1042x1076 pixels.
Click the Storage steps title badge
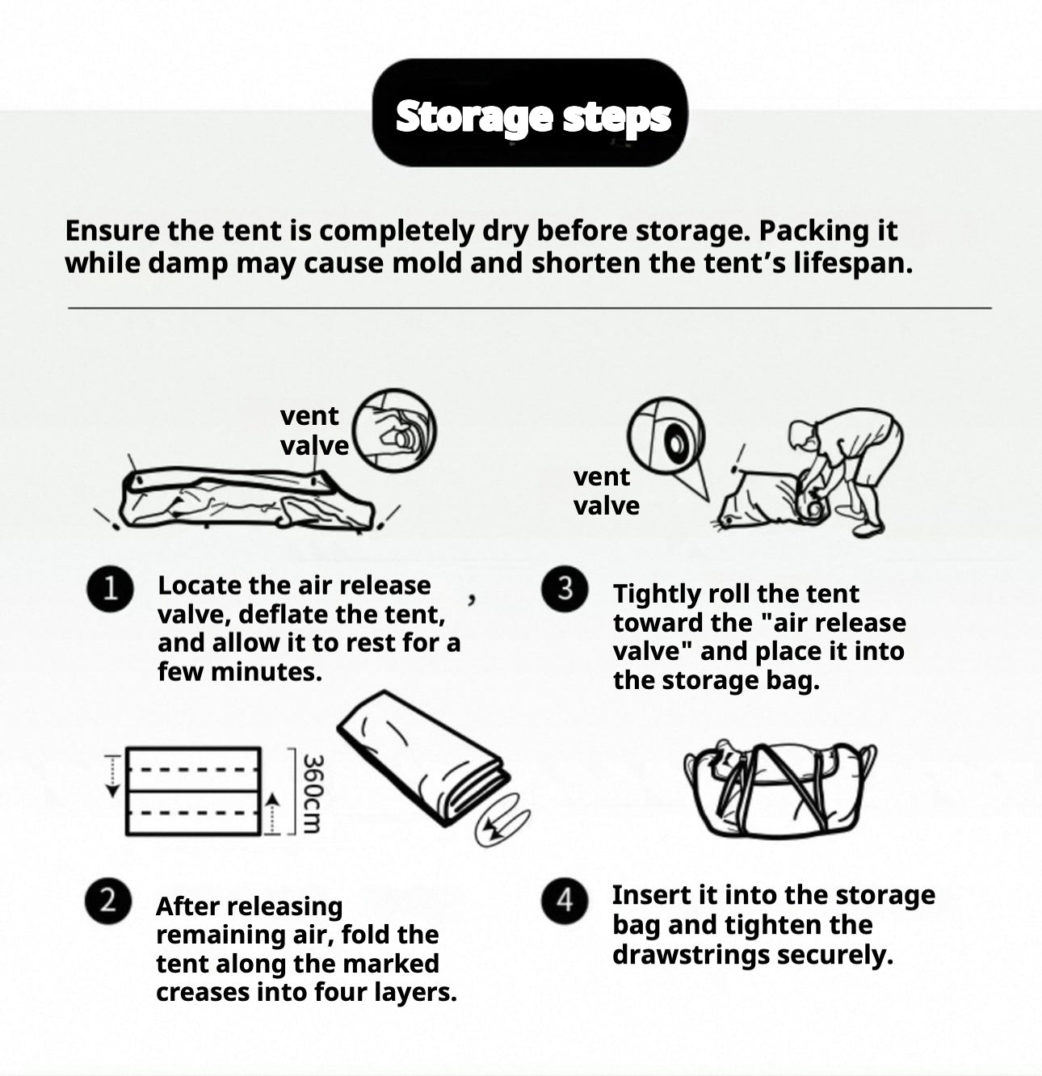coord(530,113)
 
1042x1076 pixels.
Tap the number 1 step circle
coord(110,589)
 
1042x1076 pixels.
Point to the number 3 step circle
coord(565,589)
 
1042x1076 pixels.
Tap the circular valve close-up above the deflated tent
coord(394,431)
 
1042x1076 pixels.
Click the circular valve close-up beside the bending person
coord(666,435)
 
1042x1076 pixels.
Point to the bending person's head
coord(801,435)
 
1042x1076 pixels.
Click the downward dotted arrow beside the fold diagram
coord(113,776)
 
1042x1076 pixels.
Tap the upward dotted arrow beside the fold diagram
coord(271,813)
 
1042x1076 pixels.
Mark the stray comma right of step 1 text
coord(472,599)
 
